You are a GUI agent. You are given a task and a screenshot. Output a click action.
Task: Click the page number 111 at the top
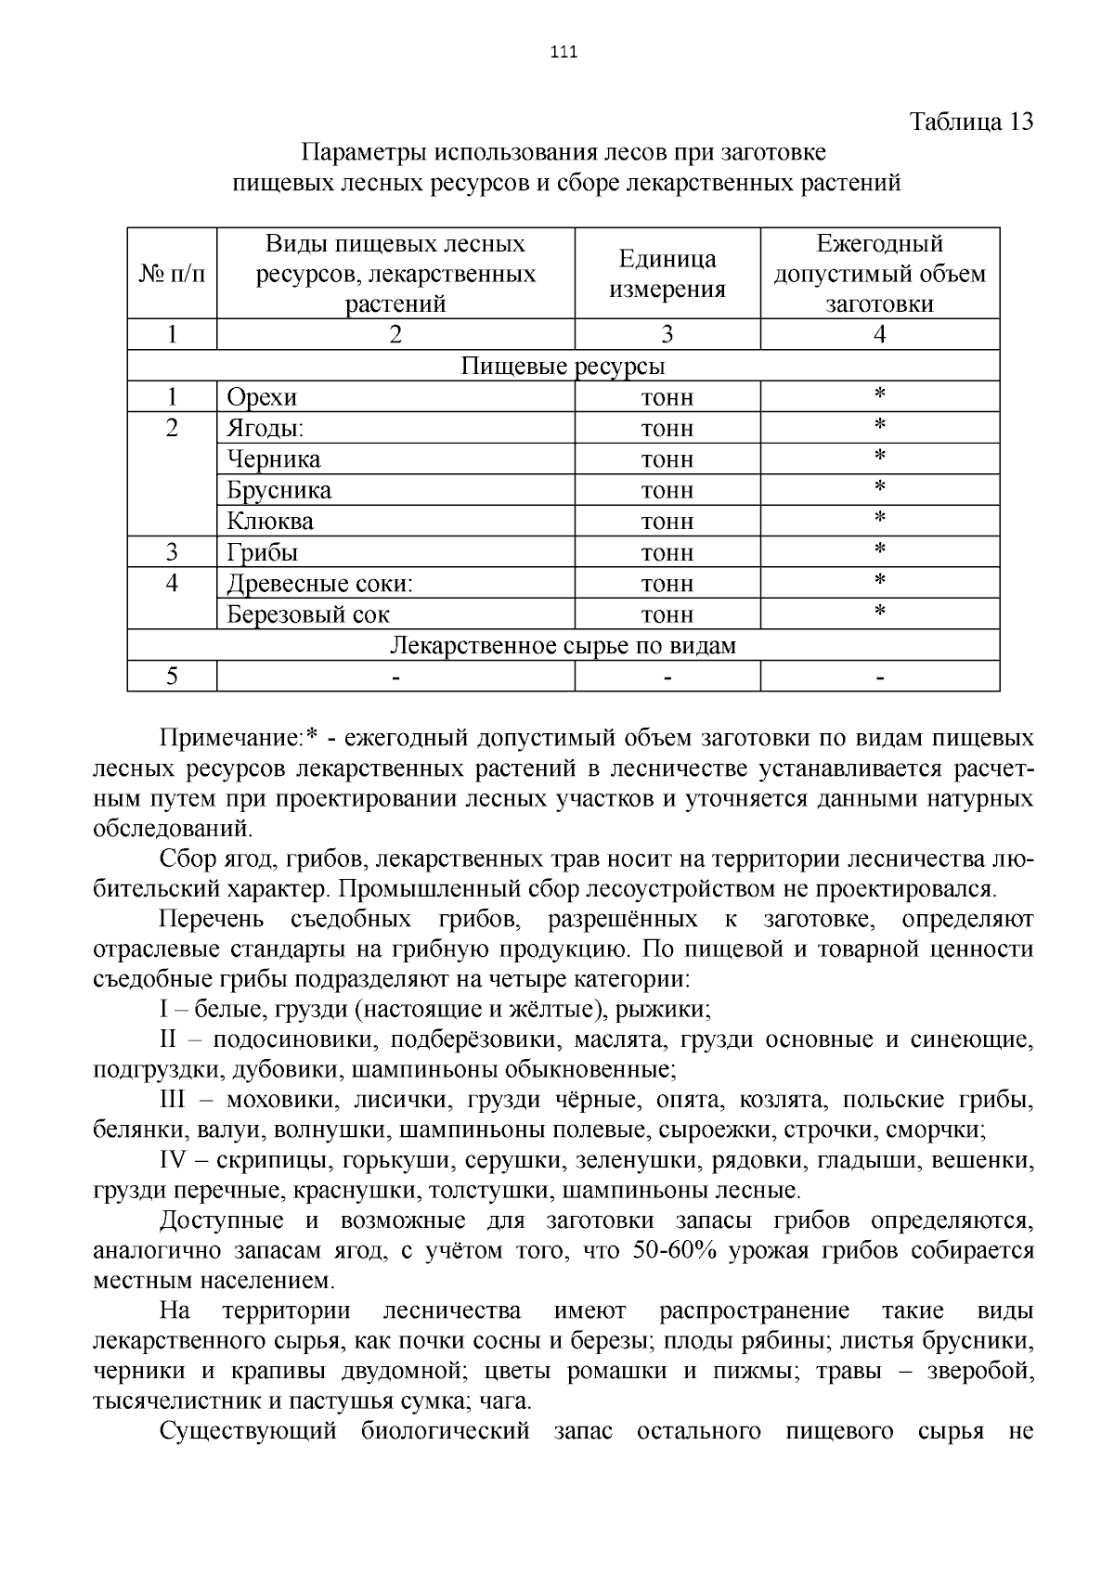[563, 52]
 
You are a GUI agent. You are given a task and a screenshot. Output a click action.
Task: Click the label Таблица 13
[971, 122]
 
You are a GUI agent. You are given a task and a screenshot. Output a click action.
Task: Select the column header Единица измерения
[667, 274]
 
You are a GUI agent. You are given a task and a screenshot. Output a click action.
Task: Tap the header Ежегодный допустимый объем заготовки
[879, 274]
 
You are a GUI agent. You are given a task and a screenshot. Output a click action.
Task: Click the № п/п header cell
[172, 274]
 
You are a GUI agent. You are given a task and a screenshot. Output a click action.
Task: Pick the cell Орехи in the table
[262, 397]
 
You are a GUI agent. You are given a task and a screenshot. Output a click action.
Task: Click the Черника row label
[274, 459]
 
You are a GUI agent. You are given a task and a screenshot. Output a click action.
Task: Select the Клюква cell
[270, 521]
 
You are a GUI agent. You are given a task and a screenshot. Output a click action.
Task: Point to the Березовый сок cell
[308, 614]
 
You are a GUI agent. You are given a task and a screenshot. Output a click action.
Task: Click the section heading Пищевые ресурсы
[563, 367]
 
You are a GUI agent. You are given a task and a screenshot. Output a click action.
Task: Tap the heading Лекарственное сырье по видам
[563, 645]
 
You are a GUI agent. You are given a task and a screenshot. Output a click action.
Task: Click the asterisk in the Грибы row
[879, 550]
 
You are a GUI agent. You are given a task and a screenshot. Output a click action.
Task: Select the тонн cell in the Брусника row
[667, 490]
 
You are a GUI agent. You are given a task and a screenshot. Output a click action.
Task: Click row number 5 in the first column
[172, 676]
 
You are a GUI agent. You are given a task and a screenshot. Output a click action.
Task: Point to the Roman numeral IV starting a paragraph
[174, 1160]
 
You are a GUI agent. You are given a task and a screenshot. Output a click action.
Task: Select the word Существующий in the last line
[247, 1430]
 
